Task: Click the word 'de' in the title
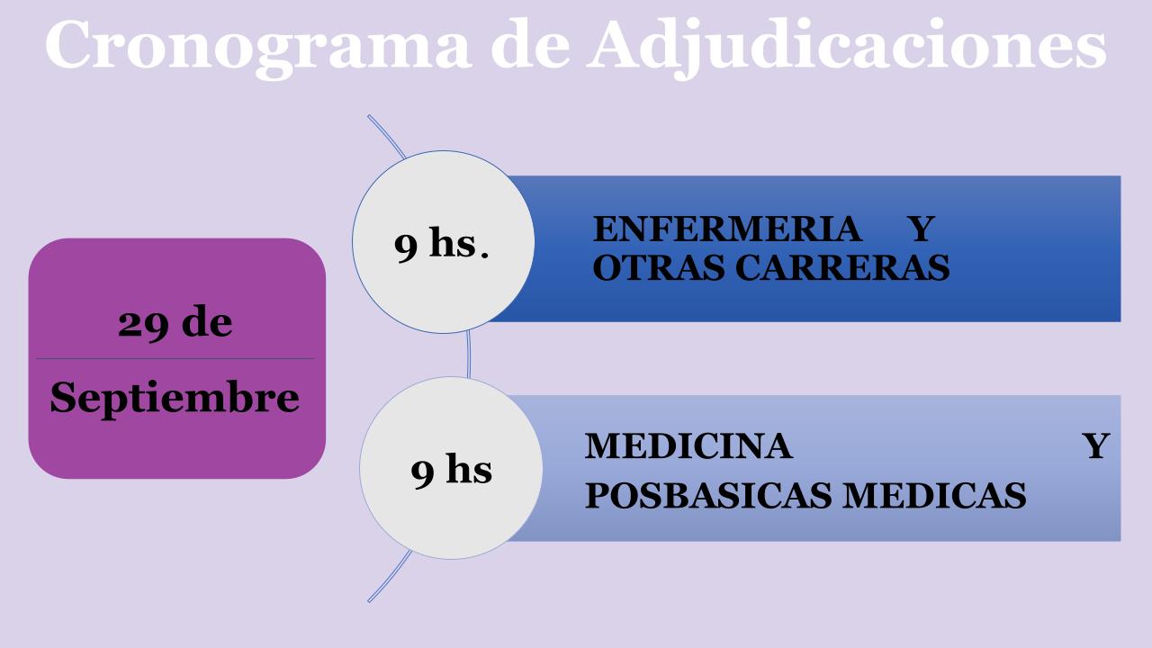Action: pyautogui.click(x=530, y=44)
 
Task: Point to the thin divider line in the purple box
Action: pyautogui.click(x=175, y=358)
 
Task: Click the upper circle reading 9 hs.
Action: pyautogui.click(x=444, y=242)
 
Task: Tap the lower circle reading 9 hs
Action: pyautogui.click(x=451, y=468)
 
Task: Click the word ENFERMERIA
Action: pyautogui.click(x=727, y=229)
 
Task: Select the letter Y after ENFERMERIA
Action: pyautogui.click(x=921, y=229)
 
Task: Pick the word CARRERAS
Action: pyautogui.click(x=842, y=268)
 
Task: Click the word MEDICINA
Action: pyautogui.click(x=688, y=445)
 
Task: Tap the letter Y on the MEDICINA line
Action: pyautogui.click(x=1095, y=445)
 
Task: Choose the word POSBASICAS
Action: pyautogui.click(x=708, y=495)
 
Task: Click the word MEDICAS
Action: pyautogui.click(x=934, y=495)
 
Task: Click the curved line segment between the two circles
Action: pyautogui.click(x=469, y=355)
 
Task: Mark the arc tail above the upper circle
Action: pyautogui.click(x=386, y=135)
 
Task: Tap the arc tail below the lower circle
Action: pyautogui.click(x=391, y=577)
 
